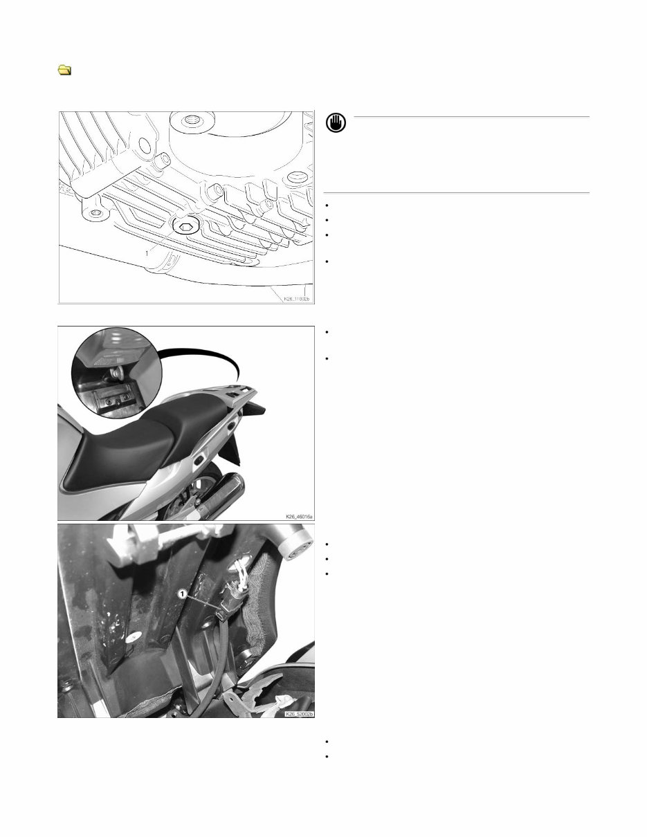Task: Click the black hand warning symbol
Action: (336, 124)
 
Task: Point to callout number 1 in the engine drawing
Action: (147, 254)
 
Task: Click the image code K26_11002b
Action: (297, 299)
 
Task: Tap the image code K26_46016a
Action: (298, 515)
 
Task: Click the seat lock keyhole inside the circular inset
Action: (112, 373)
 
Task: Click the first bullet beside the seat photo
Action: (326, 332)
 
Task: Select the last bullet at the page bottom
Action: (326, 755)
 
